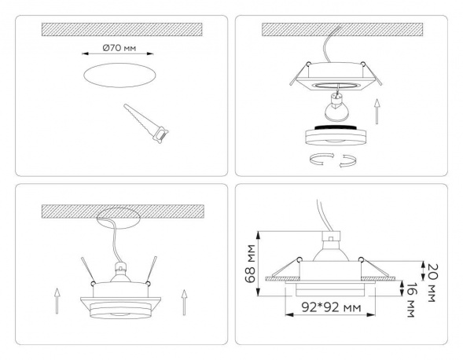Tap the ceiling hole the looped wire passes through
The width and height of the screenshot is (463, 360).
click(119, 214)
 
